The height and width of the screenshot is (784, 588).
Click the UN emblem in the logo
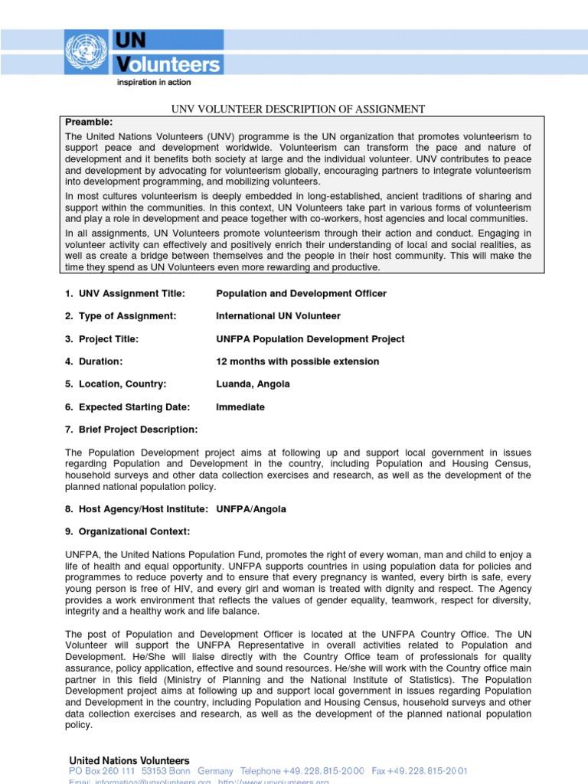(88, 52)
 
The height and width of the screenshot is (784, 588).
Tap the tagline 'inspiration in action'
(153, 81)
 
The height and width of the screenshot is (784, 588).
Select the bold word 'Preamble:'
(89, 122)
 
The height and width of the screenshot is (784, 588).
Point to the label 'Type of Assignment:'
(127, 316)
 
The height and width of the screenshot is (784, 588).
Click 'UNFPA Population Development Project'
(310, 339)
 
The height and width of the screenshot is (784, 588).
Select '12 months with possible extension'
(298, 361)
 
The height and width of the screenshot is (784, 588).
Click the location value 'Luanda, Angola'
(253, 384)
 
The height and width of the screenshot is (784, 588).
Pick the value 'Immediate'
(240, 407)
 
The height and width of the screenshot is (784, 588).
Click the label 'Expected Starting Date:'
(134, 407)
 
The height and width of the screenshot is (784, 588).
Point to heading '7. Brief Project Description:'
(131, 430)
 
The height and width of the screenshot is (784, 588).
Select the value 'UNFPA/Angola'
(252, 509)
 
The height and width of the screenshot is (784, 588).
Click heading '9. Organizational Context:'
(127, 531)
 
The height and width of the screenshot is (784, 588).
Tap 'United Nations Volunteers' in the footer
(129, 760)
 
